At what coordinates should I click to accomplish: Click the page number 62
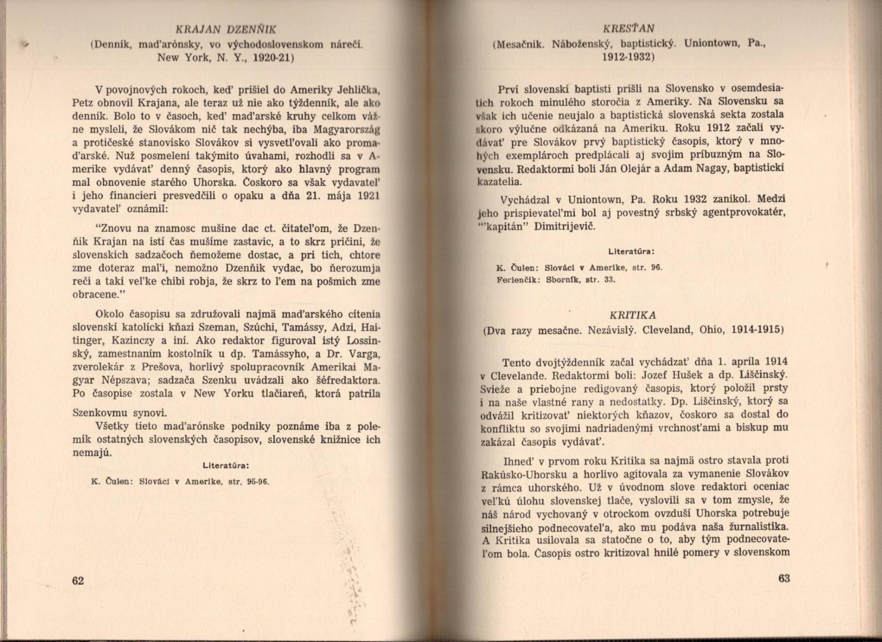click(78, 581)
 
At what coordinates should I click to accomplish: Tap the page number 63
click(784, 579)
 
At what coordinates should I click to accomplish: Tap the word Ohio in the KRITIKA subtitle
click(712, 330)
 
